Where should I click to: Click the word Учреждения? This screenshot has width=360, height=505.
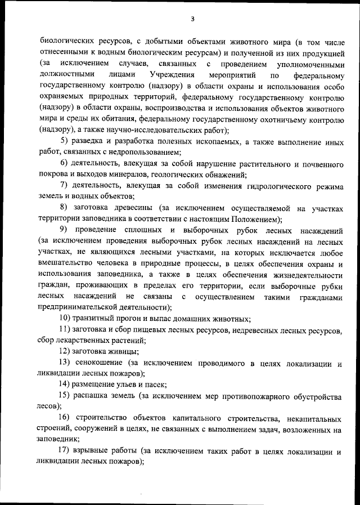[x=173, y=74]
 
